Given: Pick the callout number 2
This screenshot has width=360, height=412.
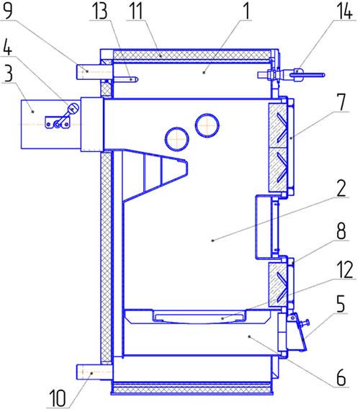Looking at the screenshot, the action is click(341, 188).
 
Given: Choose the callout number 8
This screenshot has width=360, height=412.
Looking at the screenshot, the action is click(341, 231).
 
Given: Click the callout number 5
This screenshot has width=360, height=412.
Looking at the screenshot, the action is click(341, 304).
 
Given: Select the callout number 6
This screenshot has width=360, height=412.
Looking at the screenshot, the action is click(341, 377).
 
